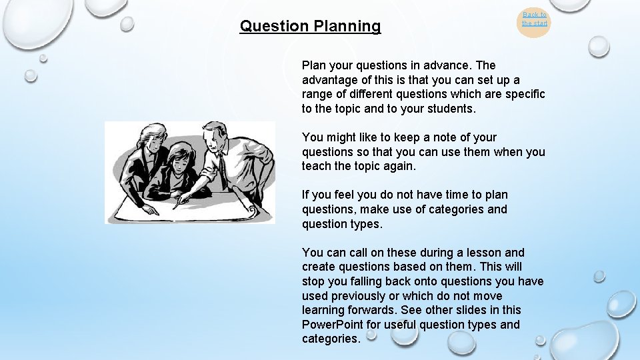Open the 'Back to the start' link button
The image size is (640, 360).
tap(534, 19)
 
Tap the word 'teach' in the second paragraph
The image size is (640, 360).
tap(317, 166)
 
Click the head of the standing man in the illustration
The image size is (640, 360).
tap(215, 134)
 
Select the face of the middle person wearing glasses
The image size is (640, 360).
tap(182, 159)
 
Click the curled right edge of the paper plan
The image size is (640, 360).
tap(253, 210)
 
